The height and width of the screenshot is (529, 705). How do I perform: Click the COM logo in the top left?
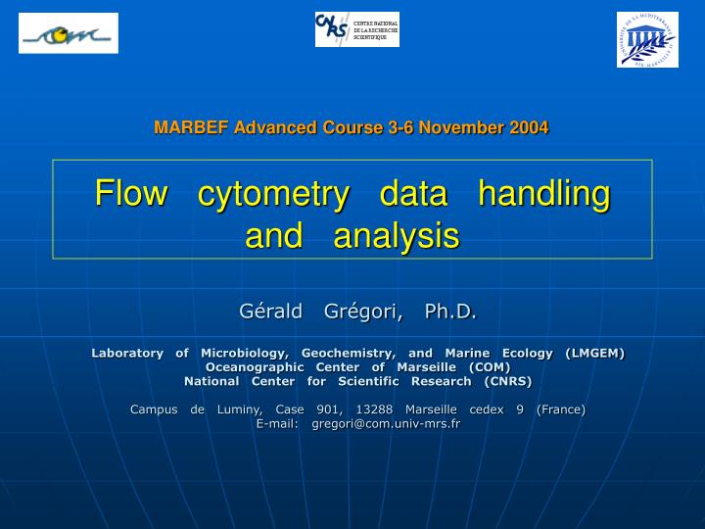pyautogui.click(x=69, y=34)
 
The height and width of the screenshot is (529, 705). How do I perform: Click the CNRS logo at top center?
pyautogui.click(x=356, y=29)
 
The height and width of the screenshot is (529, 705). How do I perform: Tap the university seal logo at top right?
pyautogui.click(x=646, y=39)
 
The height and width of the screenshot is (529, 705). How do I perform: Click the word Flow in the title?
pyautogui.click(x=130, y=194)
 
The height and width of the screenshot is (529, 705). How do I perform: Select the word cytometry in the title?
pyautogui.click(x=273, y=194)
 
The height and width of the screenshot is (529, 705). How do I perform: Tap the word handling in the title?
pyautogui.click(x=543, y=194)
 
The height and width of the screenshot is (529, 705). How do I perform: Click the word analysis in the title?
pyautogui.click(x=396, y=236)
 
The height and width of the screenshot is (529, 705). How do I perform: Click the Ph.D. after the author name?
pyautogui.click(x=450, y=312)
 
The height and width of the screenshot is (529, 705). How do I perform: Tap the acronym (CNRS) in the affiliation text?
pyautogui.click(x=501, y=381)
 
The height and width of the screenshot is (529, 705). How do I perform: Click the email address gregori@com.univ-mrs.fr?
pyautogui.click(x=386, y=424)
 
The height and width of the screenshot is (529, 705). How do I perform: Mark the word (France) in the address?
pyautogui.click(x=561, y=409)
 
